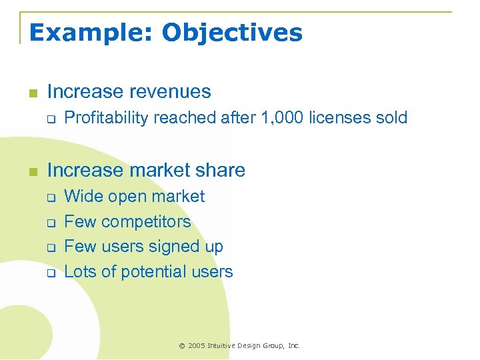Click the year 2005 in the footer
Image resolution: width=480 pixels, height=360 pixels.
coord(197,346)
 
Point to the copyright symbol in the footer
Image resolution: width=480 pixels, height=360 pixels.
coord(181,346)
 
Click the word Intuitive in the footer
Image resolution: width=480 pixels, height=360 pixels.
coord(224,346)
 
